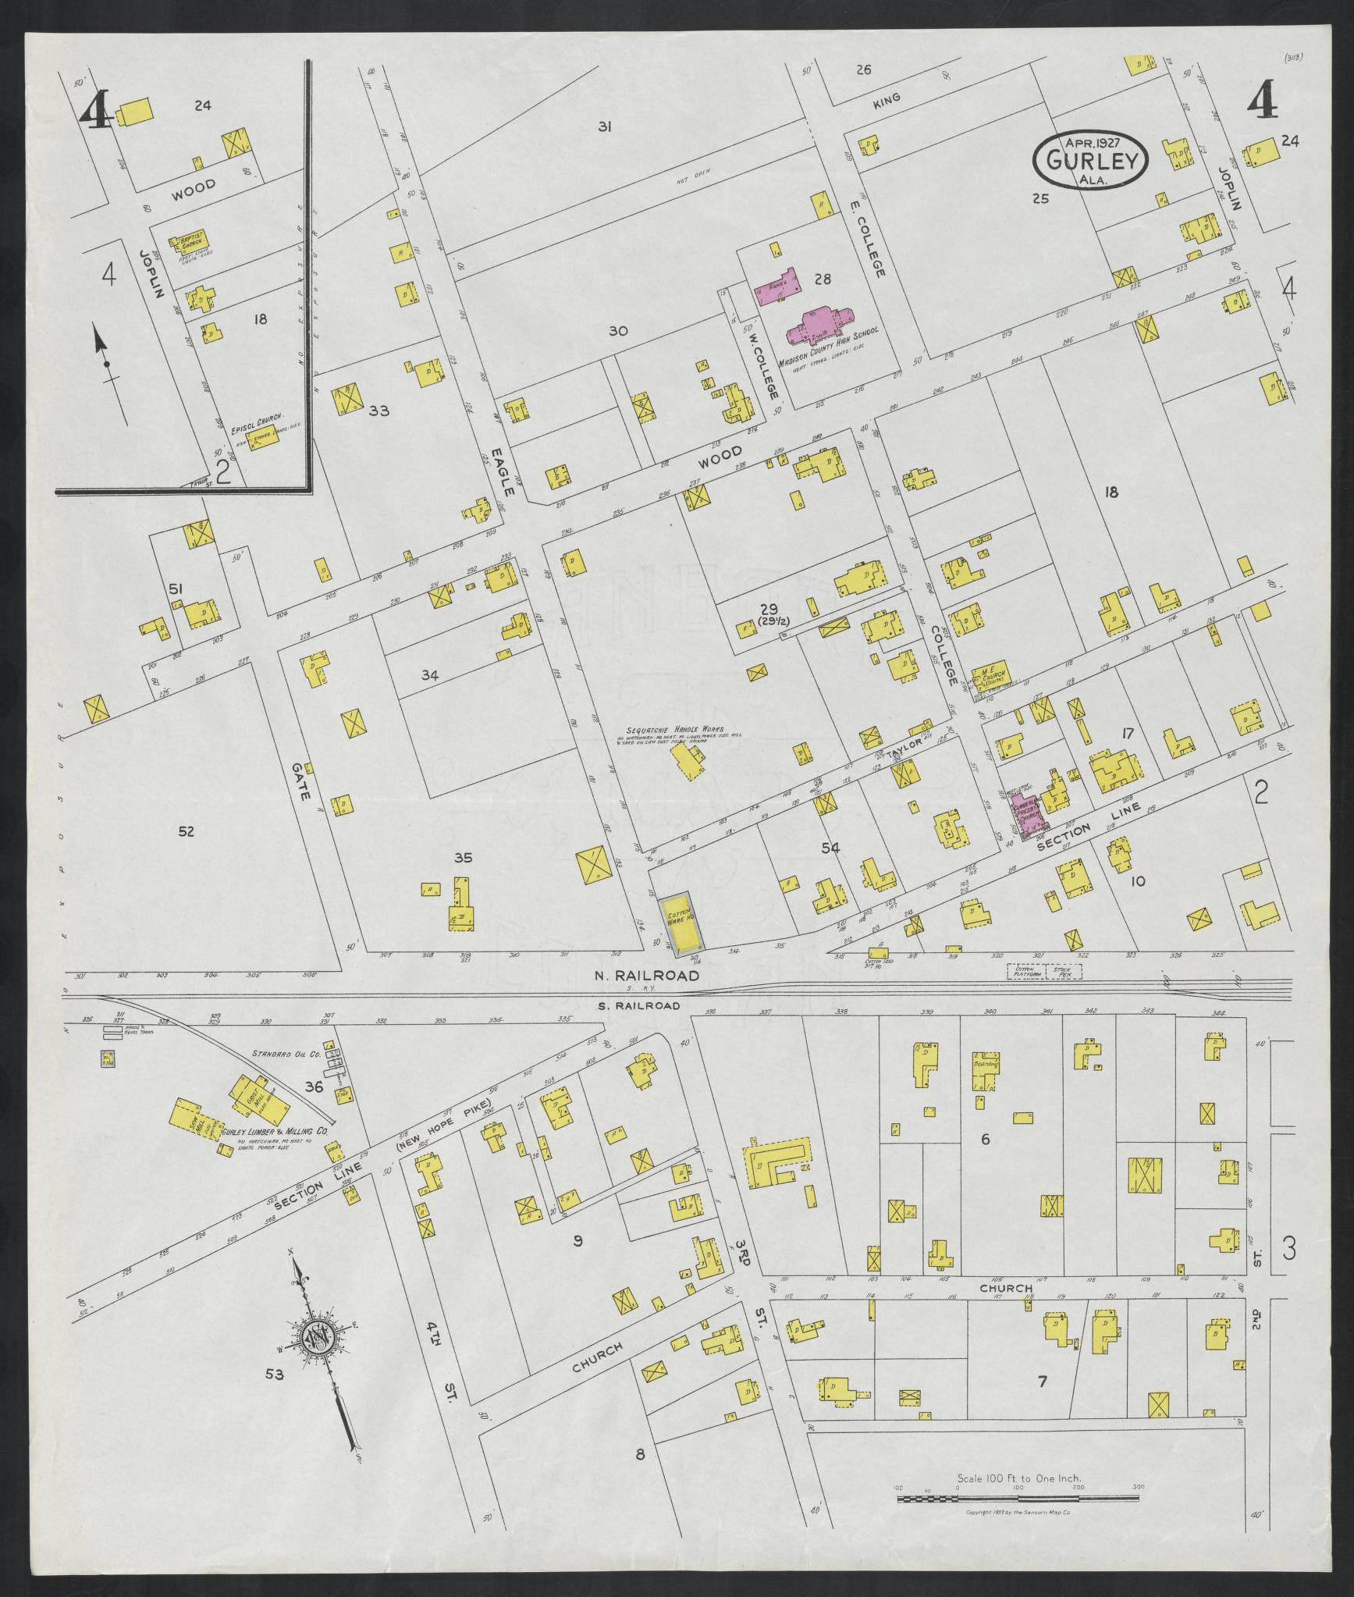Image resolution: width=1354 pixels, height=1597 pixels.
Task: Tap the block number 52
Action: tap(185, 831)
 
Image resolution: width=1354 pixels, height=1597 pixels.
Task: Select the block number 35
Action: tap(464, 858)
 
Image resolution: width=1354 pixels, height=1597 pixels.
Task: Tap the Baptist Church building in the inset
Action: tap(193, 243)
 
